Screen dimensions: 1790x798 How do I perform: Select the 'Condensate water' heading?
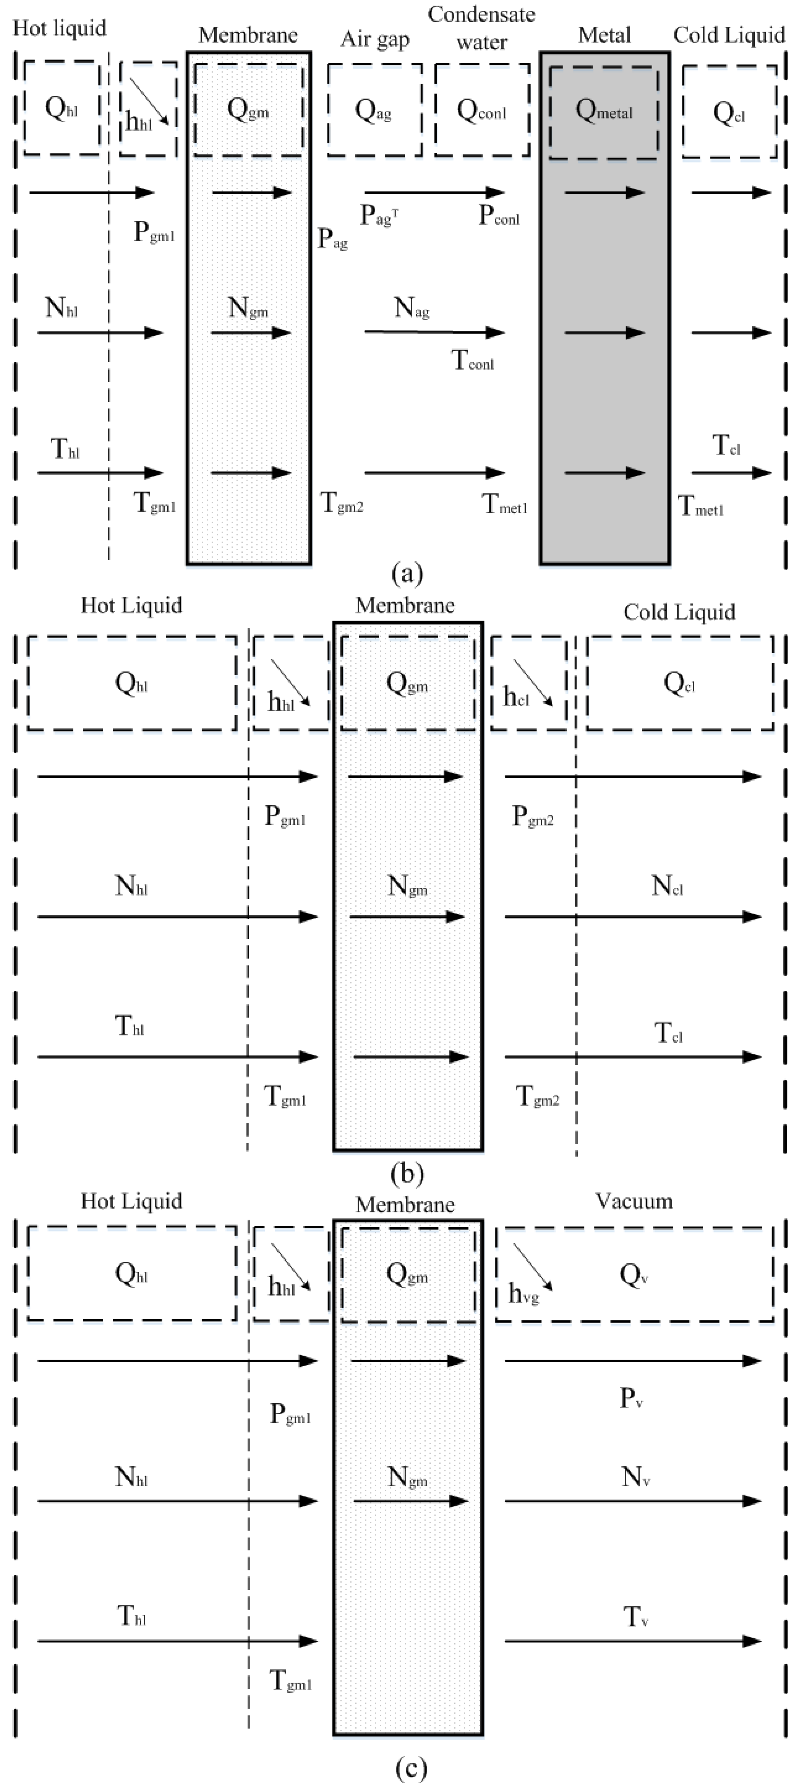[481, 28]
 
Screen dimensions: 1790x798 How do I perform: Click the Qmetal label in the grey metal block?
[603, 111]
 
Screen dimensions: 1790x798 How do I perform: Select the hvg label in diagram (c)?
[524, 1293]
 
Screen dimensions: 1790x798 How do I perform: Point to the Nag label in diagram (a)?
[411, 308]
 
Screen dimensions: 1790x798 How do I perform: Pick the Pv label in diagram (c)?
[631, 1398]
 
